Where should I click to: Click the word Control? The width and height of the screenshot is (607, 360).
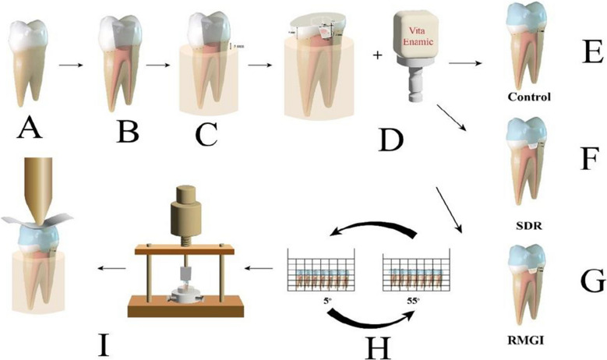[528, 98]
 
